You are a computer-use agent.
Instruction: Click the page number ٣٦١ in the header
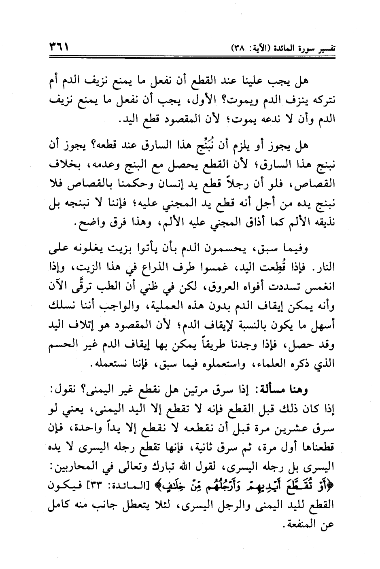coord(58,47)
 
